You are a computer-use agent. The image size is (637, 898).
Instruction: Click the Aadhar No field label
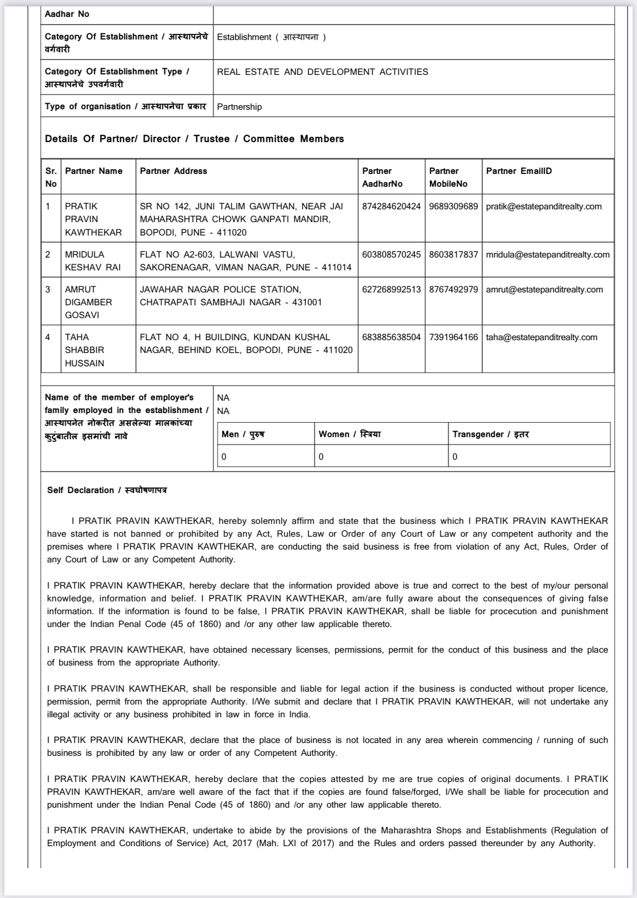(x=67, y=14)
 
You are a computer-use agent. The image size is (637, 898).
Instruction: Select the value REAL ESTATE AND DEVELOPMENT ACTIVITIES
(x=323, y=72)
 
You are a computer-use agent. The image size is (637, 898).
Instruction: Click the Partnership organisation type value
(x=240, y=107)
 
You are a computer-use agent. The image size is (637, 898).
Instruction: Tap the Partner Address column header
(x=173, y=171)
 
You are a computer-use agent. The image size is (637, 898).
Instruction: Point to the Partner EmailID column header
(x=519, y=171)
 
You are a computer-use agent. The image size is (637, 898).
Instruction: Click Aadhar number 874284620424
(x=391, y=206)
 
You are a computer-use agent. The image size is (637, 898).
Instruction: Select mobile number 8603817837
(x=453, y=255)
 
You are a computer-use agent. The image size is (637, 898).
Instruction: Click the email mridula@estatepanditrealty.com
(x=548, y=255)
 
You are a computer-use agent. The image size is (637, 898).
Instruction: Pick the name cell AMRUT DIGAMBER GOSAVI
(x=88, y=302)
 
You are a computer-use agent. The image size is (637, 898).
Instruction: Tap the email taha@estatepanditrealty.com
(x=542, y=337)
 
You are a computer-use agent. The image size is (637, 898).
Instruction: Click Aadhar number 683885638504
(x=391, y=337)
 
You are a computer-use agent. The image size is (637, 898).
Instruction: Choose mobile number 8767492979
(x=453, y=289)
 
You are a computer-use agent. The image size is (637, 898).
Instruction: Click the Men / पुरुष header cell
(x=243, y=434)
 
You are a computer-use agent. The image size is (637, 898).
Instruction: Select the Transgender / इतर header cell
(x=491, y=434)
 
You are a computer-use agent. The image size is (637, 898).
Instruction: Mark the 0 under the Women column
(x=321, y=457)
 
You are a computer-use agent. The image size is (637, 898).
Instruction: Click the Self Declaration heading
(x=107, y=490)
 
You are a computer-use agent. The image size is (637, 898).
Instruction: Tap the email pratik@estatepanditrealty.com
(x=544, y=206)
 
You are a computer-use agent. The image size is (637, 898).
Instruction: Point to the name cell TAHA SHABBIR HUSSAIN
(x=85, y=350)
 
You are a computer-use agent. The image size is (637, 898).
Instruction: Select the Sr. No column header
(x=51, y=177)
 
